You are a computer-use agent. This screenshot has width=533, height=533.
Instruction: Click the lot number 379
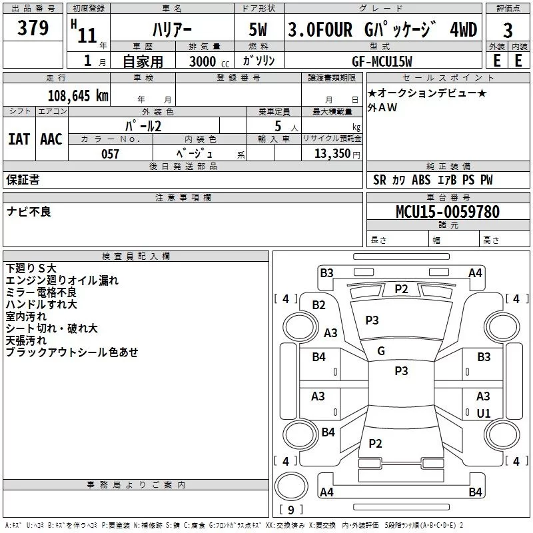coord(33,28)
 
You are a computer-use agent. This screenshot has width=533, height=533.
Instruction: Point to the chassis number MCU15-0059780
coord(448,212)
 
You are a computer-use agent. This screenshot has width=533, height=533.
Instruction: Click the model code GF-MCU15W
coord(382,61)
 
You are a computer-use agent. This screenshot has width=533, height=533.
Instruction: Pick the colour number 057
coord(110,154)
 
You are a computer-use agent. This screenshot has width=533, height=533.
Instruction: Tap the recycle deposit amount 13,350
coord(332,154)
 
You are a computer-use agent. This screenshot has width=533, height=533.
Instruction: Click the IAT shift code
coord(19,139)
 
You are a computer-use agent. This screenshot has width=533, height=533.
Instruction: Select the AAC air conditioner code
coord(51,139)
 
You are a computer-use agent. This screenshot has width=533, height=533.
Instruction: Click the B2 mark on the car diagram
coord(319,305)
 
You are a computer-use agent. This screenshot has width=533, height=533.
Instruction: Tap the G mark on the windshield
coord(381,351)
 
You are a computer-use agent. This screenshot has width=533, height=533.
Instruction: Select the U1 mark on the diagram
coord(484,413)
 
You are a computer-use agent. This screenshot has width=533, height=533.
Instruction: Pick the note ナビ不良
coord(29,212)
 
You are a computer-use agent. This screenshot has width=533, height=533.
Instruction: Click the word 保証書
coord(23,179)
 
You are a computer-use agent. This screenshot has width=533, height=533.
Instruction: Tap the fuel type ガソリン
coord(260,61)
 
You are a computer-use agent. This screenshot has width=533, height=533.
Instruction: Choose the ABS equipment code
coord(421,180)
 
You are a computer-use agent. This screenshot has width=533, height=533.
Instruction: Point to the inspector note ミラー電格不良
coord(41,292)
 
